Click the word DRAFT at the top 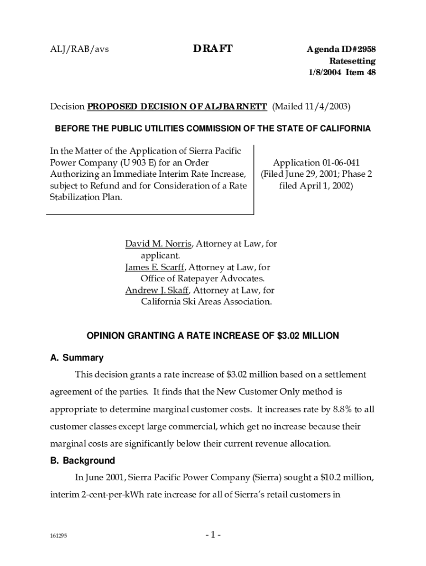213,49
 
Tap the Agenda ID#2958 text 341,49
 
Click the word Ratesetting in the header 352,61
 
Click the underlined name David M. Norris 158,243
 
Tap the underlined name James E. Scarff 156,267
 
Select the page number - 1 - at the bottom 213,535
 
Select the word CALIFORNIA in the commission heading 341,129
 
